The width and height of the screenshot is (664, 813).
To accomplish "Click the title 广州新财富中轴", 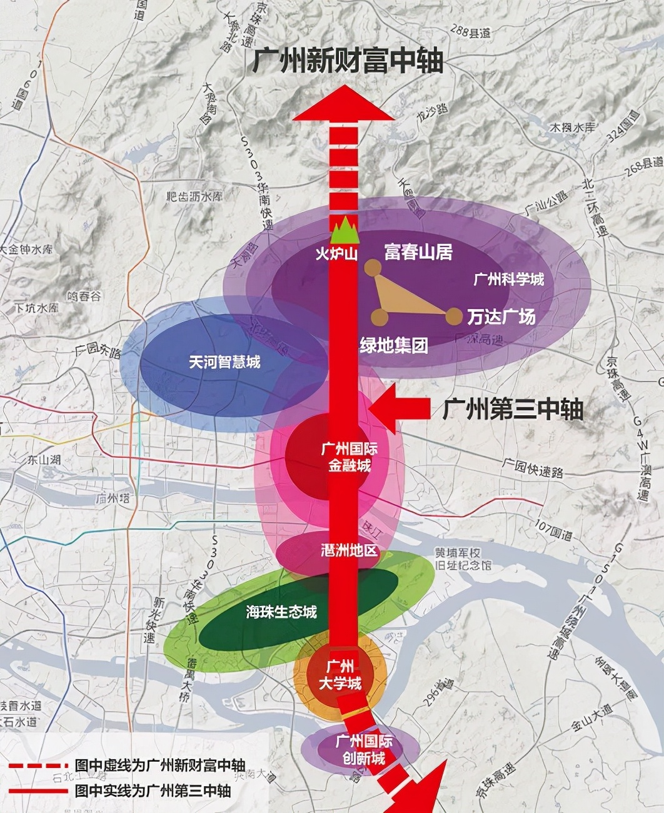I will (x=348, y=61).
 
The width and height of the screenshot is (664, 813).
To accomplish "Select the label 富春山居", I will (x=418, y=252).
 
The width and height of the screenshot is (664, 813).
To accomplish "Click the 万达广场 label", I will (x=501, y=316).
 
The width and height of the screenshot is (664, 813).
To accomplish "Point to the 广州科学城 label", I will (x=509, y=279).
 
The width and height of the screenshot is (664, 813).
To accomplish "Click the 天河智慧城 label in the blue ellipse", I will (x=224, y=361).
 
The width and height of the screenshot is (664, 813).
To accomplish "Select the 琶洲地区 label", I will (x=349, y=550).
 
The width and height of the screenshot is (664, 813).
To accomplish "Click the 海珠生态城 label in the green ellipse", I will (x=281, y=612).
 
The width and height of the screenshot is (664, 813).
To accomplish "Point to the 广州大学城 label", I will (x=341, y=675).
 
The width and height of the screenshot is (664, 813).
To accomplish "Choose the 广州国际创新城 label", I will (x=364, y=749).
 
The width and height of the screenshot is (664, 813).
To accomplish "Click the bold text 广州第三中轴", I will (x=513, y=410).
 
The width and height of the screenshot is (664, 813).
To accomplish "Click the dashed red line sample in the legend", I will (x=37, y=765).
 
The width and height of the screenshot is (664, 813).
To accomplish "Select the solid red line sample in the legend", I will (x=37, y=791).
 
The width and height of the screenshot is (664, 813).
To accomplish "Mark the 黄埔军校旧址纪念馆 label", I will (x=463, y=558).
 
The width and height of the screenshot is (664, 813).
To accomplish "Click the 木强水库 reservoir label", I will (x=572, y=127).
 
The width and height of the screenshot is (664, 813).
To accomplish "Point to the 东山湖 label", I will (x=44, y=460).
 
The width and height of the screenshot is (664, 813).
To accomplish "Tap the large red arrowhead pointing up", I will (x=344, y=104).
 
